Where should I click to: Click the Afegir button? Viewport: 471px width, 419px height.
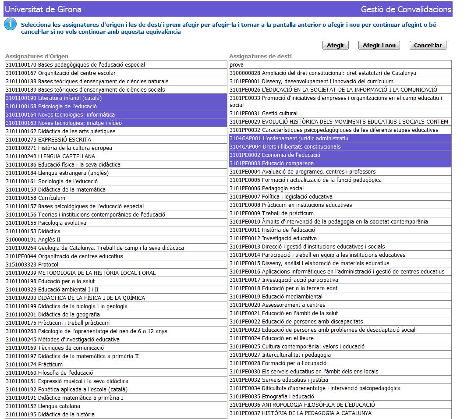(x=336, y=46)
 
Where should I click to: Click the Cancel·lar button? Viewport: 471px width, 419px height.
(x=428, y=46)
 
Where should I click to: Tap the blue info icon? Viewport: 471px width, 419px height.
(x=11, y=25)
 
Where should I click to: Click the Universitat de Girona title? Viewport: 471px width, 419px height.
(x=43, y=9)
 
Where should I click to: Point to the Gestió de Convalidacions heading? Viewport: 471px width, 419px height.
(x=406, y=9)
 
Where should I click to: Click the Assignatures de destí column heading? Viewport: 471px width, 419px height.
(x=260, y=57)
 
